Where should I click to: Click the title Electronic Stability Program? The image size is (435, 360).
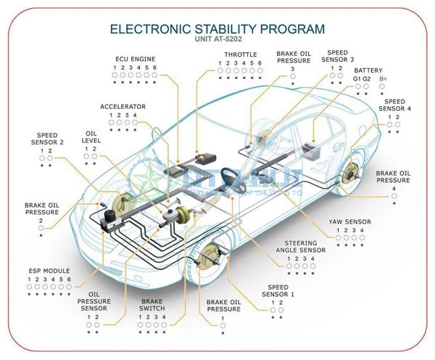pyautogui.click(x=217, y=29)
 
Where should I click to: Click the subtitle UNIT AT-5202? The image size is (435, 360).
pyautogui.click(x=217, y=41)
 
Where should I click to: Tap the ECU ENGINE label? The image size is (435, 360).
pyautogui.click(x=136, y=58)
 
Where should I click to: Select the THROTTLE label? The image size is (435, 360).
pyautogui.click(x=240, y=54)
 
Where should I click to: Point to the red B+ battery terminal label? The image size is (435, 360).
pyautogui.click(x=383, y=78)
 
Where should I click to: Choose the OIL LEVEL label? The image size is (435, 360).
pyautogui.click(x=91, y=137)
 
